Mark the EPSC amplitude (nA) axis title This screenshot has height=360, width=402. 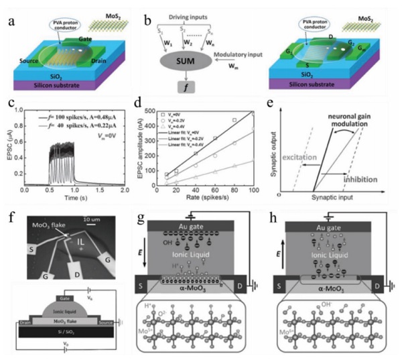coord(147,150)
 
